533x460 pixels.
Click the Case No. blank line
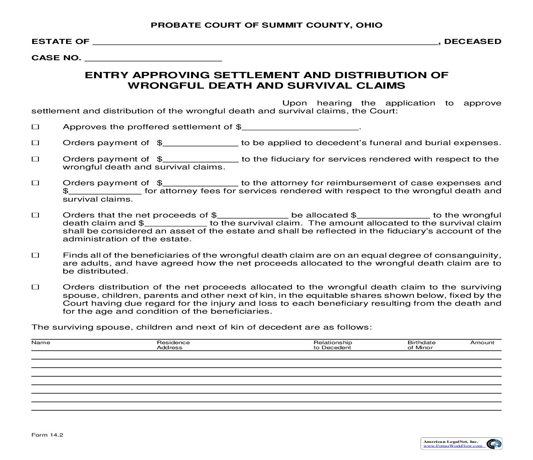tap(153, 58)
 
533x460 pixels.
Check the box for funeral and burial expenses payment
tap(36, 143)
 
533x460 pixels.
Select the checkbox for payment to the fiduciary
tap(36, 159)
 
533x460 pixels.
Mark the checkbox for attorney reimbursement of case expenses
tap(36, 183)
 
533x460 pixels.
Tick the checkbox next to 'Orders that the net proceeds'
tap(36, 215)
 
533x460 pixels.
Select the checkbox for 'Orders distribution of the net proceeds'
tap(36, 287)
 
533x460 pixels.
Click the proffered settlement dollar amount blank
tap(300, 127)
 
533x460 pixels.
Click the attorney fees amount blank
tap(105, 191)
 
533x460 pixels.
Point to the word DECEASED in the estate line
tap(472, 41)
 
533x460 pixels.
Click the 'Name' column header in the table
tap(41, 342)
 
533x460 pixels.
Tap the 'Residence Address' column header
tap(173, 345)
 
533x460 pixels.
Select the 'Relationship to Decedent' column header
tap(333, 345)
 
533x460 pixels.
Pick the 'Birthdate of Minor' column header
tap(421, 345)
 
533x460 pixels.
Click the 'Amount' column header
tap(482, 342)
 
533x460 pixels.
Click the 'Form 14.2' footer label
tap(47, 435)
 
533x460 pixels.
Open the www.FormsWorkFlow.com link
tap(454, 446)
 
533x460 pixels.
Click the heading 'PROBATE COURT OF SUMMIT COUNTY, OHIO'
tap(266, 25)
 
